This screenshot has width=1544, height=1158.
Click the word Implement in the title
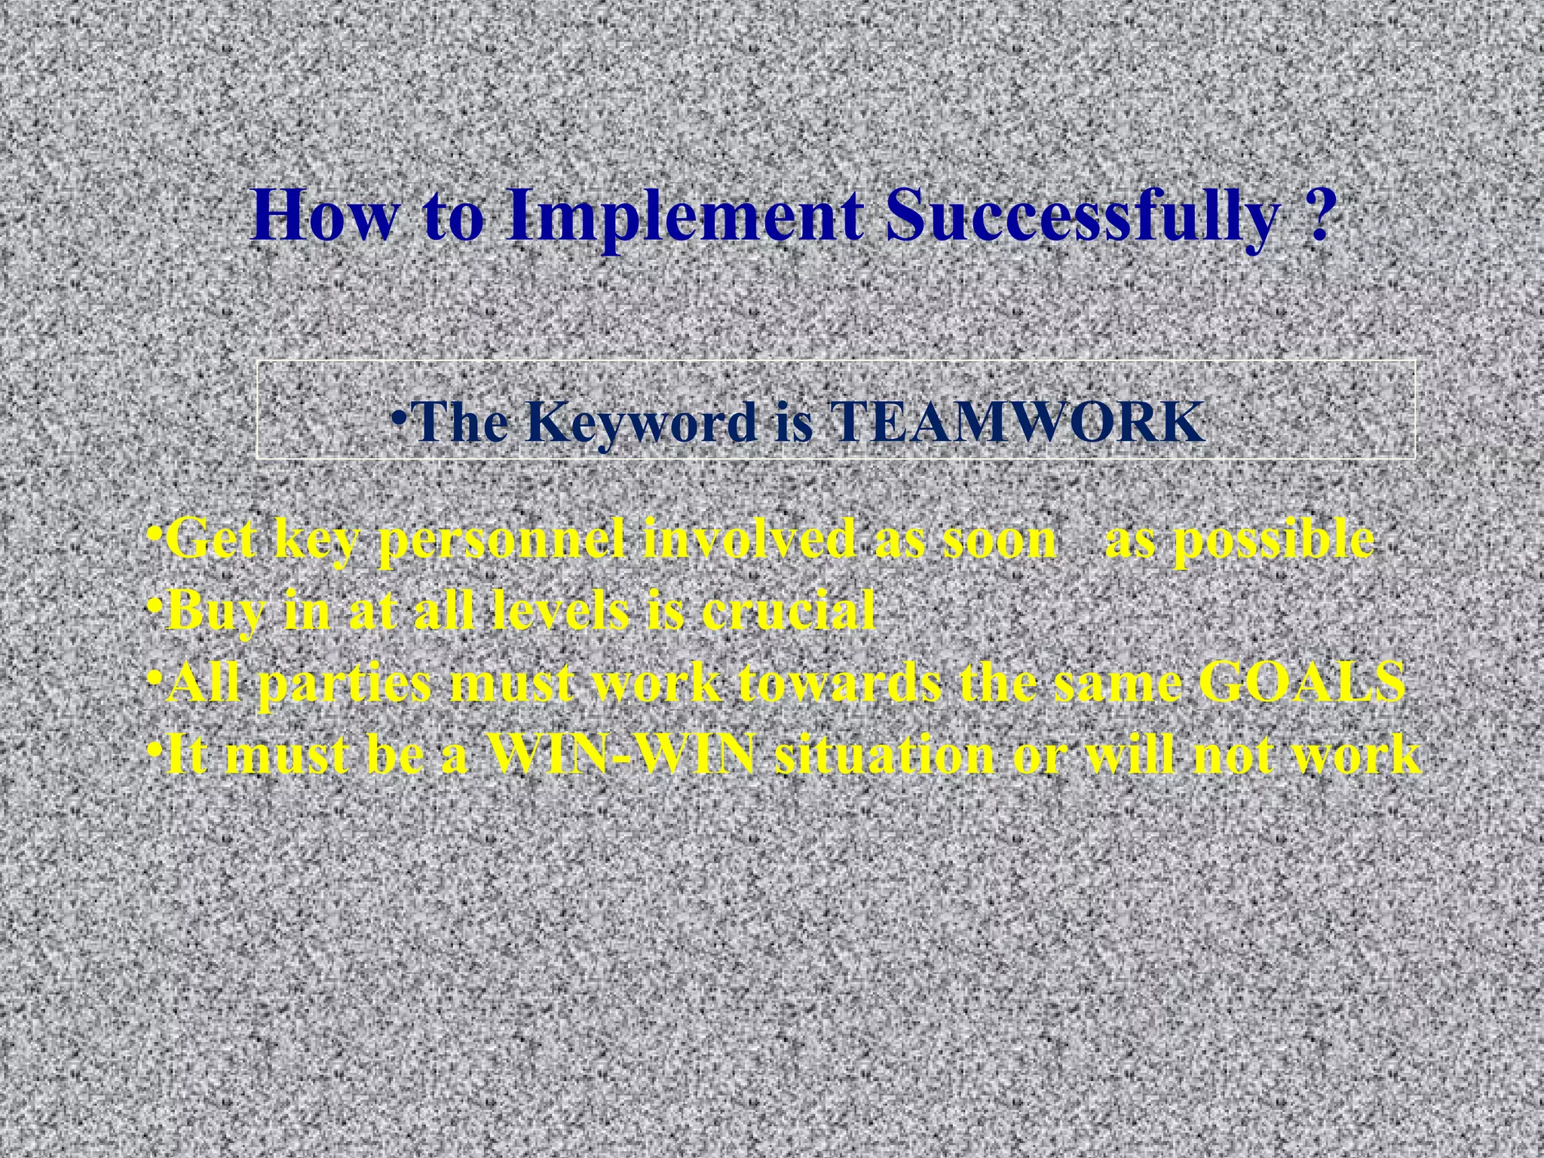click(686, 217)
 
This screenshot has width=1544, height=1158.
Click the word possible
click(1239, 541)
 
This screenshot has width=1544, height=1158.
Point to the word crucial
click(788, 611)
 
